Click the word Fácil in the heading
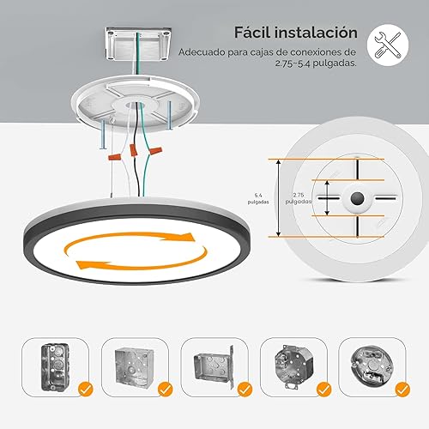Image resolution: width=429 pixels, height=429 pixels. click(256, 33)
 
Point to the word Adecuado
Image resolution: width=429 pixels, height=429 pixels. click(202, 52)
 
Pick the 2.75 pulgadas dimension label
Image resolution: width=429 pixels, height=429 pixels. click(299, 198)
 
